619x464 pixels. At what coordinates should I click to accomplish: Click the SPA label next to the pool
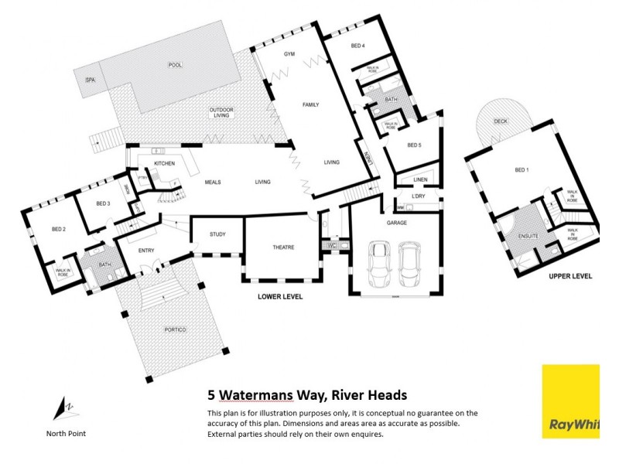(90, 80)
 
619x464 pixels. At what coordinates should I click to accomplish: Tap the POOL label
(174, 65)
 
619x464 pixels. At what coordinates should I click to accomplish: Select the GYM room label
(289, 54)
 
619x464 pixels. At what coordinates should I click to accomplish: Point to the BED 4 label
(357, 46)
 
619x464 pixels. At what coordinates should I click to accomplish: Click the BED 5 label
(414, 145)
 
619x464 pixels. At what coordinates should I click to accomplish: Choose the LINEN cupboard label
(420, 179)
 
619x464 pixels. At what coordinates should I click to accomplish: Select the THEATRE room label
(282, 247)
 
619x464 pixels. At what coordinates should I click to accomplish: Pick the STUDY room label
(217, 234)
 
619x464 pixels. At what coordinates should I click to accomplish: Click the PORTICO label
(176, 329)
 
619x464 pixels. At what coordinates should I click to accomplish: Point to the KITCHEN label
(165, 164)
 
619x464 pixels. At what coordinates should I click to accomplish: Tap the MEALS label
(213, 183)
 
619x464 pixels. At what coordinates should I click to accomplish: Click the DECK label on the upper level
(500, 121)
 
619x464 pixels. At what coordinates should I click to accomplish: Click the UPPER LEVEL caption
(570, 276)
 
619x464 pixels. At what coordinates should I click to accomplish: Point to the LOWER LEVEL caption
(281, 297)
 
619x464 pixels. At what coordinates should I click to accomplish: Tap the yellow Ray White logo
(570, 401)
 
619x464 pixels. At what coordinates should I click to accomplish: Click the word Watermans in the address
(256, 395)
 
